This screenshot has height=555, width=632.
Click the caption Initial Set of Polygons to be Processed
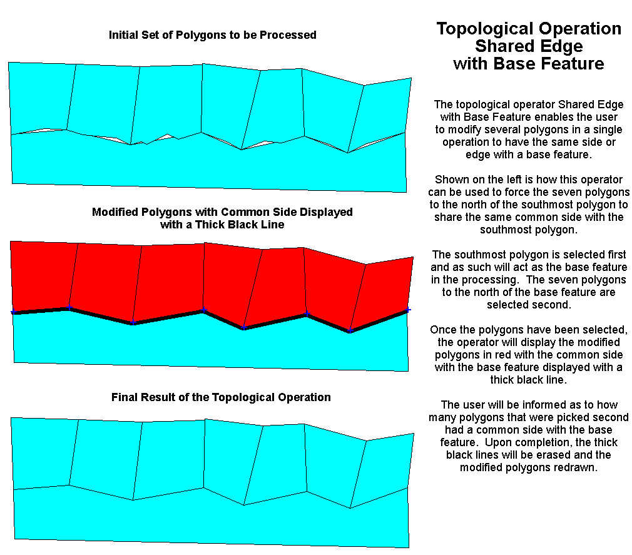(212, 35)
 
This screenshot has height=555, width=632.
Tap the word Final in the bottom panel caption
(124, 397)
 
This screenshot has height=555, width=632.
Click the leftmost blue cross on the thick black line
(13, 312)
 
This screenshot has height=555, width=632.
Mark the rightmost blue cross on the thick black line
(407, 310)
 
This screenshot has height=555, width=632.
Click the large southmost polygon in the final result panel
(210, 520)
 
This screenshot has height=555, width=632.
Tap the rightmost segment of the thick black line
(379, 321)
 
